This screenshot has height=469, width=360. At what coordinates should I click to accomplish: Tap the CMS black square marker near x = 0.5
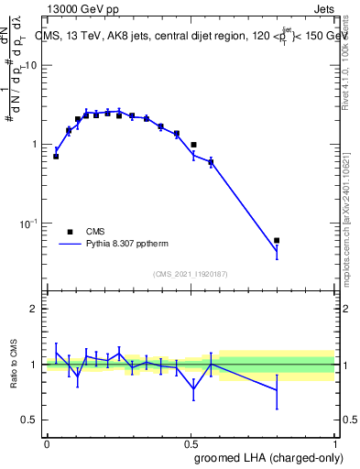[193, 145]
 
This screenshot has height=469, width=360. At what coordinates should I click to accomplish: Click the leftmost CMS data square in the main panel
[56, 157]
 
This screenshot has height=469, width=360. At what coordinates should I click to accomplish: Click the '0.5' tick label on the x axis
[191, 442]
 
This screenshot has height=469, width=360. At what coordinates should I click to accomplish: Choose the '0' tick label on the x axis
[47, 442]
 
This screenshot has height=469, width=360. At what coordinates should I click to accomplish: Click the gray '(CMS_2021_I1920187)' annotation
[191, 274]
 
